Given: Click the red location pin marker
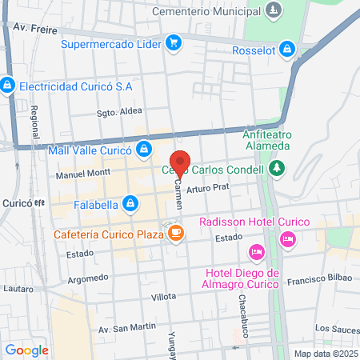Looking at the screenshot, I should [181, 163].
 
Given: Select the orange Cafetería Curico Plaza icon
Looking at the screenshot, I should [176, 234].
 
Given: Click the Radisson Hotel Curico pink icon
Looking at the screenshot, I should [287, 238].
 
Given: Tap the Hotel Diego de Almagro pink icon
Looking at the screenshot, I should [257, 252].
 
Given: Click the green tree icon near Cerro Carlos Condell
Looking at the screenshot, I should [277, 168].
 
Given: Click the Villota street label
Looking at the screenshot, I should [163, 296].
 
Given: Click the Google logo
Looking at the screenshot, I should [27, 350].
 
